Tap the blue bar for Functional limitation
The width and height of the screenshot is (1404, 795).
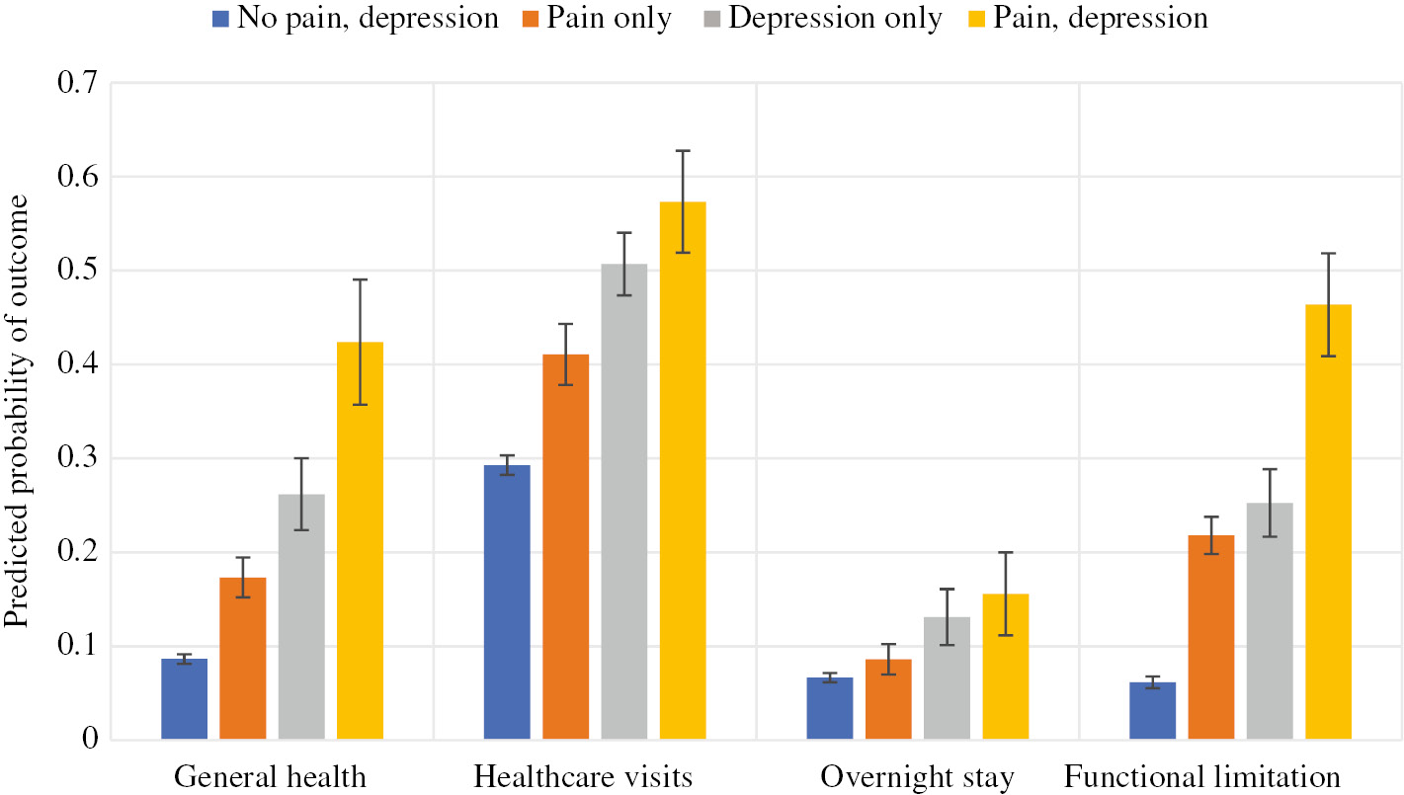[x=1152, y=711]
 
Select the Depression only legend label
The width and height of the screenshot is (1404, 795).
[x=835, y=19]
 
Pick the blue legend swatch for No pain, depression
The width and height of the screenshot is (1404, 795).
[x=220, y=19]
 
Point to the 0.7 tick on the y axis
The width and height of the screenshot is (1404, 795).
[x=66, y=84]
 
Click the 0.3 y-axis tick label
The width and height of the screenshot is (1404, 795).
[x=66, y=459]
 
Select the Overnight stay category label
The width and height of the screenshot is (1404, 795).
[x=917, y=777]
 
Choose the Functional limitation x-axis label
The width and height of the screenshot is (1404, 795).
[x=1201, y=777]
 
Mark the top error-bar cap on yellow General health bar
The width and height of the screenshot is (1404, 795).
[x=360, y=279]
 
